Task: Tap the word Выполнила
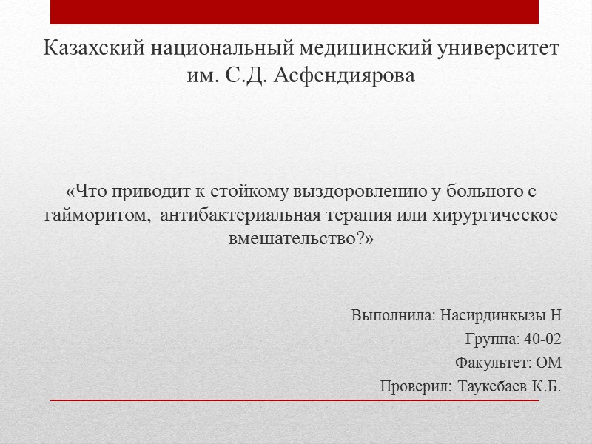[393, 316]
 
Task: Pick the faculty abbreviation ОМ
[548, 363]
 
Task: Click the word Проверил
[415, 387]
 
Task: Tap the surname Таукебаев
[494, 387]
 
